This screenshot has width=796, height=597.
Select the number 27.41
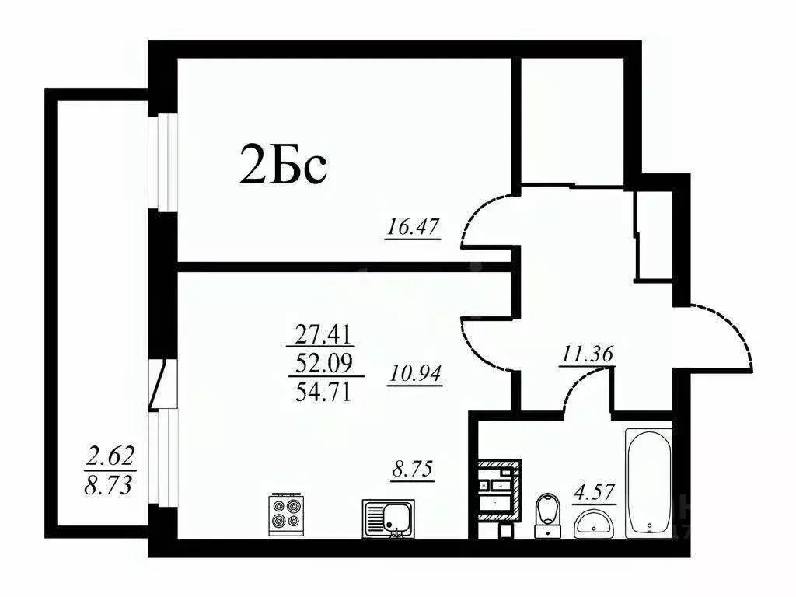[x=324, y=335]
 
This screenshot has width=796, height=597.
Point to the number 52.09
[x=324, y=362]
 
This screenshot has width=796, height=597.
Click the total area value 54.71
[x=324, y=389]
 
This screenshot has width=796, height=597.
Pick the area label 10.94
[x=414, y=375]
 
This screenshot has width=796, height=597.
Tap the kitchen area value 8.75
[x=411, y=470]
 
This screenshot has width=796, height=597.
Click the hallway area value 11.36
[x=587, y=354]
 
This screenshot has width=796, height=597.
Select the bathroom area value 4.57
[x=595, y=492]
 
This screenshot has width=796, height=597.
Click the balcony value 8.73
[x=110, y=487]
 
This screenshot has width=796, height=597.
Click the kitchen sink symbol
[x=389, y=517]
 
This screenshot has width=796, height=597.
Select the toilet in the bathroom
[x=548, y=513]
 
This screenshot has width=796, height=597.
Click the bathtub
[x=648, y=482]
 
